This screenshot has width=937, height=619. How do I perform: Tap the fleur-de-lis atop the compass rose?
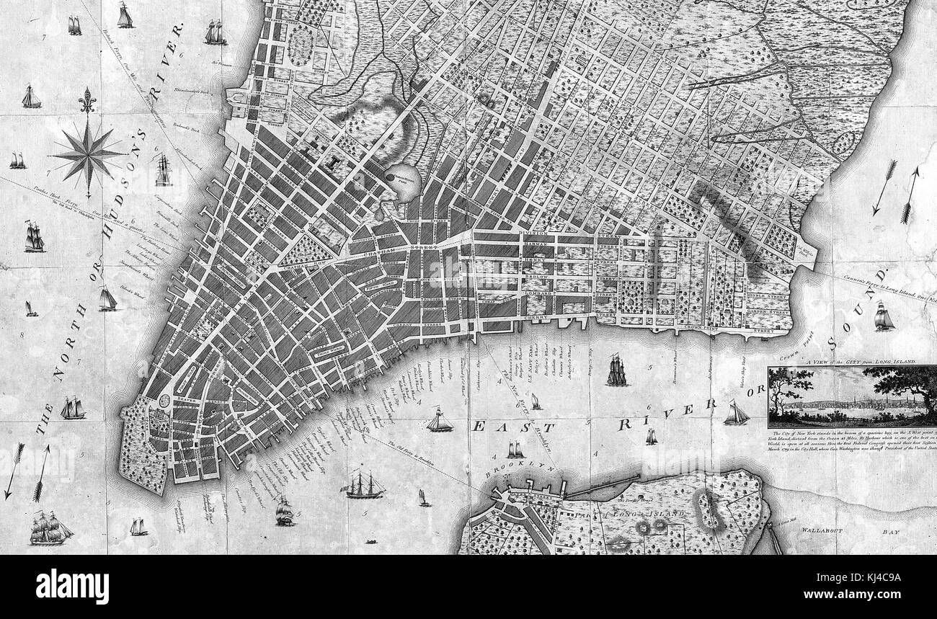click(88, 100)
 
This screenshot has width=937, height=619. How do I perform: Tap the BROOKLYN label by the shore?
click(512, 470)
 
